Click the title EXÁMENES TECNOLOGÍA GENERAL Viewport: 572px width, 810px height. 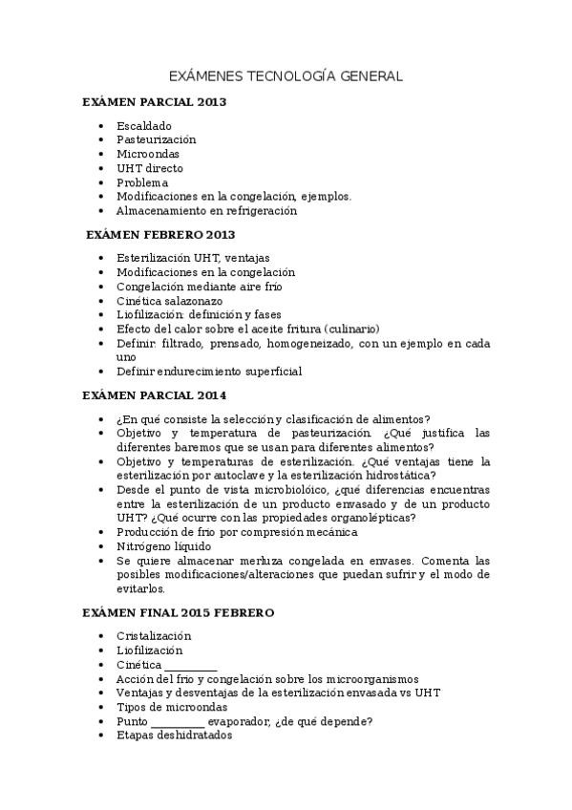(x=286, y=75)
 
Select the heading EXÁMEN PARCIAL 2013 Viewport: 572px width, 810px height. (x=154, y=102)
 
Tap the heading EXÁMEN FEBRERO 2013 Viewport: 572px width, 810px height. (x=160, y=234)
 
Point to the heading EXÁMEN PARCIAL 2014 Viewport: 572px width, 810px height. (x=154, y=394)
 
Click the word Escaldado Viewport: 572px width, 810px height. (x=144, y=125)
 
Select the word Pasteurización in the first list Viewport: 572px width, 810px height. (x=156, y=139)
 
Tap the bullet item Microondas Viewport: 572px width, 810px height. (x=147, y=154)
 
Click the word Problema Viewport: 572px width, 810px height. (x=142, y=182)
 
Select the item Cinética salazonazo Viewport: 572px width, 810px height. (x=169, y=301)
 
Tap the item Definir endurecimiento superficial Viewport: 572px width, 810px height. (x=208, y=372)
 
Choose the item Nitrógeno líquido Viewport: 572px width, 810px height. (x=163, y=546)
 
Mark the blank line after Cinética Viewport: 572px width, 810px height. (x=191, y=666)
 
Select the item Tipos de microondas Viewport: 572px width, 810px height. (x=172, y=708)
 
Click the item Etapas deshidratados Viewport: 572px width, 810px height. (x=174, y=736)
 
